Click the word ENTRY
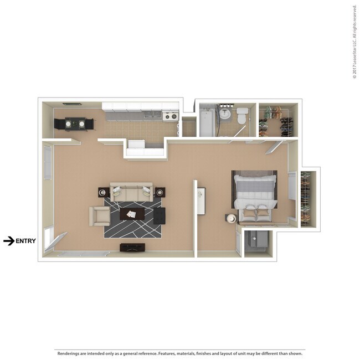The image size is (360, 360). [x=25, y=241]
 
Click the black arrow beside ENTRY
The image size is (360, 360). [x=8, y=241]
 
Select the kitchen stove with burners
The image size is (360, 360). [x=171, y=116]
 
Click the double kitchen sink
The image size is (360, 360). [x=149, y=115]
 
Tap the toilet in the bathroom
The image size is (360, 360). [x=242, y=117]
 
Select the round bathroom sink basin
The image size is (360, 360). [x=224, y=114]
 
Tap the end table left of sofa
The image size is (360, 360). [x=103, y=192]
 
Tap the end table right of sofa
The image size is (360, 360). [x=160, y=192]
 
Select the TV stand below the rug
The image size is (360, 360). [x=132, y=247]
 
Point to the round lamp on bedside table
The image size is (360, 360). [x=232, y=218]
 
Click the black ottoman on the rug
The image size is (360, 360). [x=160, y=215]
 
